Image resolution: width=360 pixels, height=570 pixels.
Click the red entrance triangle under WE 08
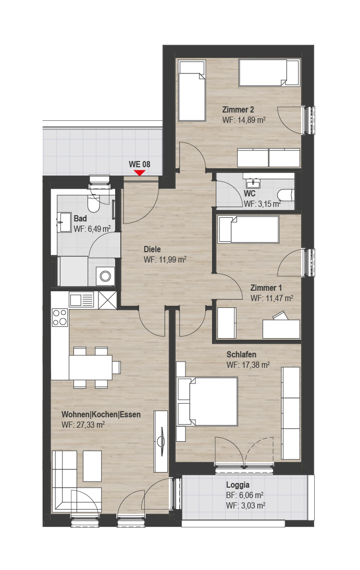pos(140,172)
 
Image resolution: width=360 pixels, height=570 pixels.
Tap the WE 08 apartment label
pos(139,164)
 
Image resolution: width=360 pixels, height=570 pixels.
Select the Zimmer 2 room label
pos(238,109)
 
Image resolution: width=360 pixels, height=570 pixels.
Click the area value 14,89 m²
pos(251,120)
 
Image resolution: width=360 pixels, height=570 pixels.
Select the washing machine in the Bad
pos(105,276)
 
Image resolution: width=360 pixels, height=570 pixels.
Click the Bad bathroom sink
pos(65,222)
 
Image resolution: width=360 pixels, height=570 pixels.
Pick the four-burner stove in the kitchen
pos(59,317)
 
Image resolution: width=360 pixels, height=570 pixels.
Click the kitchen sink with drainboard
pos(81,300)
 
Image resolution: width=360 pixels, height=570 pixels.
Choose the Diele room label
pos(152,250)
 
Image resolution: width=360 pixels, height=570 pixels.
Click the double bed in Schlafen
pos(208,401)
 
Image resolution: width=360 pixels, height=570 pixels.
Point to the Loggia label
pos(238,485)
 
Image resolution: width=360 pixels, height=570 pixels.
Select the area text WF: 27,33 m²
pos(83,425)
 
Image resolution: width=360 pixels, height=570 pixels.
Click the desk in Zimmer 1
pos(281,328)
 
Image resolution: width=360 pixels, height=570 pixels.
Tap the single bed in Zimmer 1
pos(249,229)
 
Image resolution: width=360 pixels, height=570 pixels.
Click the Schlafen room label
pos(241,354)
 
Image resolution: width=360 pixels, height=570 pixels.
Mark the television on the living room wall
pos(160,441)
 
